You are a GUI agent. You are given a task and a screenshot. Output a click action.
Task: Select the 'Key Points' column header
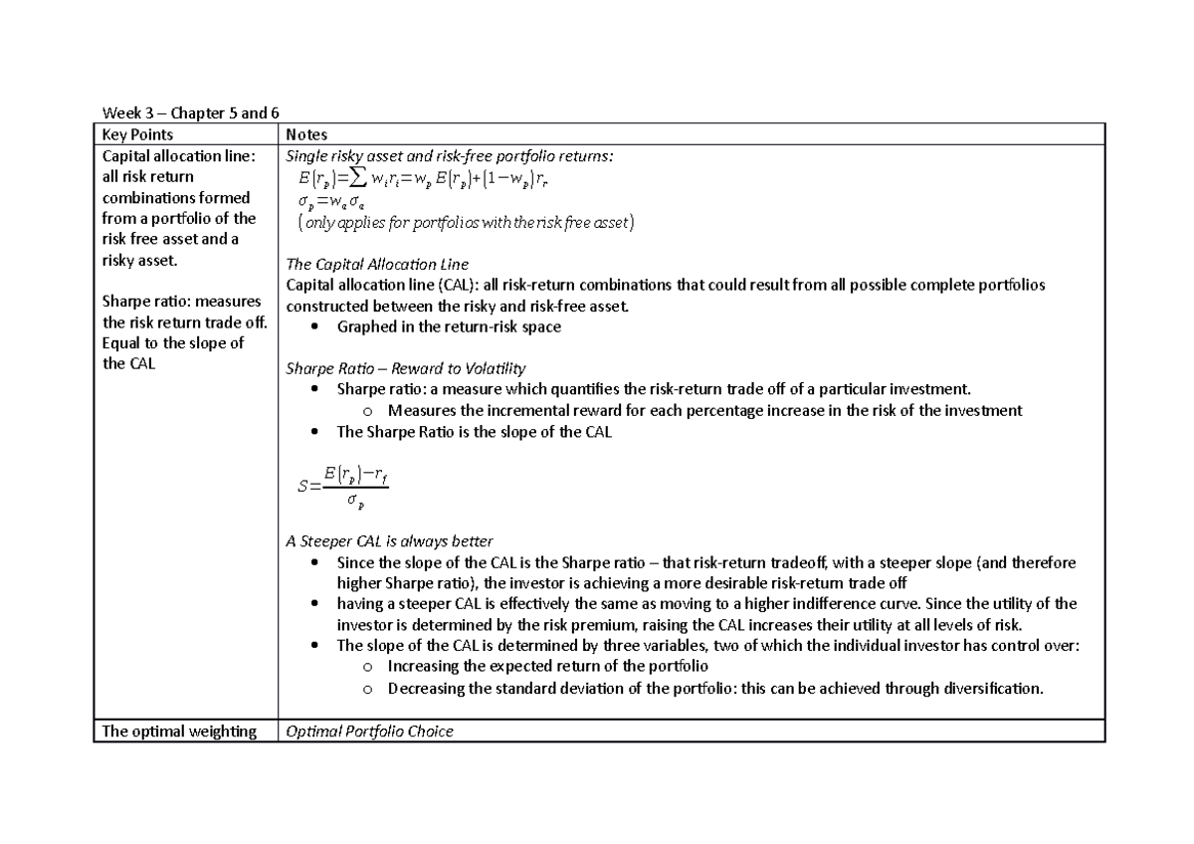coord(138,134)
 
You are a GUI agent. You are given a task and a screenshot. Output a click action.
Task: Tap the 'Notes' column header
coord(306,134)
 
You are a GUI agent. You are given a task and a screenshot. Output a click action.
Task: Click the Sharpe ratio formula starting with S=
coord(342,487)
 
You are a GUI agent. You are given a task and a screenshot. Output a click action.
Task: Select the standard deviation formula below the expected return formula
coord(338,202)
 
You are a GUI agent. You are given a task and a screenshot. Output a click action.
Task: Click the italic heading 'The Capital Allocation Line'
coord(377,264)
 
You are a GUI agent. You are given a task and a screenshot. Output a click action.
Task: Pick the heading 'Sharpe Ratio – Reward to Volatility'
coord(406,368)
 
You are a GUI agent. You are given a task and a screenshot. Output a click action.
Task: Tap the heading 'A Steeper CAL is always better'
coord(389,541)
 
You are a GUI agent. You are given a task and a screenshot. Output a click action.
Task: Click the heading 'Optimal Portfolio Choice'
coord(369,732)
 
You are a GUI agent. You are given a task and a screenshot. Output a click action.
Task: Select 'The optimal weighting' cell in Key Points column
coord(179,732)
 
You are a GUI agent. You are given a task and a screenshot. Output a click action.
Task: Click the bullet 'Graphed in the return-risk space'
coord(449,326)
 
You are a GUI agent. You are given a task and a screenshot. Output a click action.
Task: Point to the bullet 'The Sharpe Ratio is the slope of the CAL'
coord(475,431)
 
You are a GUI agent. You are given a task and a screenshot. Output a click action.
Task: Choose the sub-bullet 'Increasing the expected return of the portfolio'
coord(547,666)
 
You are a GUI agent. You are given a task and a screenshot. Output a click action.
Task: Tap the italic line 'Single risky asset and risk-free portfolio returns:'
coord(450,156)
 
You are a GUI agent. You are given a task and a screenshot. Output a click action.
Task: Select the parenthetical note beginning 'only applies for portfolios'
coord(459,223)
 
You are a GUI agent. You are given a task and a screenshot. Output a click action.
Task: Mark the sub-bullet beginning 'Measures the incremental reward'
coord(704,410)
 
